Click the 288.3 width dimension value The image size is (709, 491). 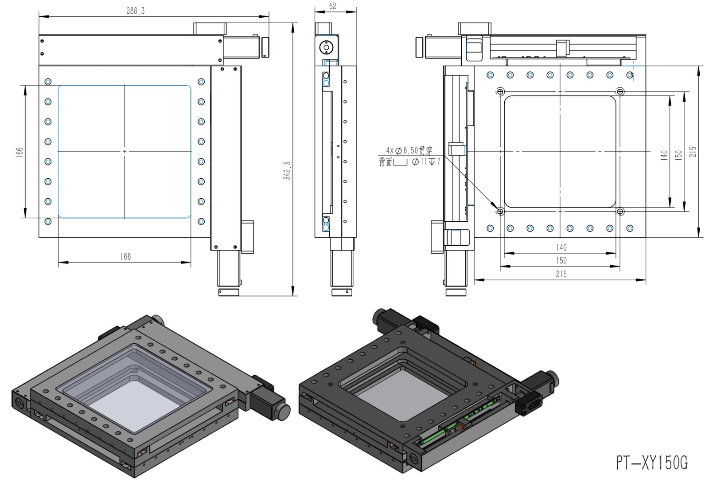click(135, 11)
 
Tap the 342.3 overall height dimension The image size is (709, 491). click(288, 170)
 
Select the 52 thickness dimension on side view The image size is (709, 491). click(333, 6)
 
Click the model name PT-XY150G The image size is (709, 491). click(652, 463)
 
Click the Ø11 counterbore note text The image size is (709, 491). click(425, 162)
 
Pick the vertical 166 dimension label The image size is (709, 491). click(19, 152)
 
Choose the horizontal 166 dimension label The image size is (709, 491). click(125, 257)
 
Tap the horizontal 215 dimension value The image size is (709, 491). click(561, 274)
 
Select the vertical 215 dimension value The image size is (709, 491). click(693, 152)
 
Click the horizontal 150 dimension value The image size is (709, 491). click(561, 260)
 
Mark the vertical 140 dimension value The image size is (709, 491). click(664, 155)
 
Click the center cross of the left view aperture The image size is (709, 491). click(125, 152)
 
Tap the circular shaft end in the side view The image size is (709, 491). click(326, 47)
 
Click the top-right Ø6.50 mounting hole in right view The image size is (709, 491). click(620, 92)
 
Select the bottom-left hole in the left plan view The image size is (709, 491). click(48, 221)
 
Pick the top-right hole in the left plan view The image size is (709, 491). click(201, 82)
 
